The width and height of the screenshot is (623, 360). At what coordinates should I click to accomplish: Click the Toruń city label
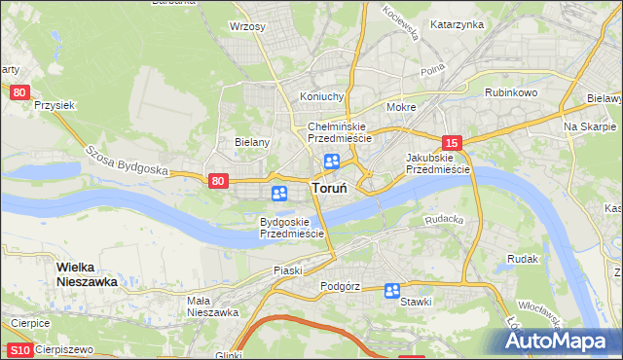point(331,189)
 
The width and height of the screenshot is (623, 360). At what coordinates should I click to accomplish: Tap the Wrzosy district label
point(247,26)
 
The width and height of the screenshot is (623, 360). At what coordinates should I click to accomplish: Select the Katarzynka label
point(457,24)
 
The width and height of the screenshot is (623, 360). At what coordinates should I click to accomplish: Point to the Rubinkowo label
point(511,92)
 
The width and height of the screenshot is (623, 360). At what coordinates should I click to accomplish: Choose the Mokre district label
point(401,107)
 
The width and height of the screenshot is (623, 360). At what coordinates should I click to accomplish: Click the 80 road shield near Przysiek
point(20,92)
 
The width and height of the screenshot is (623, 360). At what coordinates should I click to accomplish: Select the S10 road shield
point(19,349)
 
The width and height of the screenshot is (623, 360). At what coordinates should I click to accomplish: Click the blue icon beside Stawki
point(392,290)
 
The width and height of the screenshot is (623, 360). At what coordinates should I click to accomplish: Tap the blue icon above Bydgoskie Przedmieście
point(280,194)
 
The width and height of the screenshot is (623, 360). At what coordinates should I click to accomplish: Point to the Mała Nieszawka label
point(212,306)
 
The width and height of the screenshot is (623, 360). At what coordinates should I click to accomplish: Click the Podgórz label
point(340,287)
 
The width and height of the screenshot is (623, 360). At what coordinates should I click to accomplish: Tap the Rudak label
point(523,259)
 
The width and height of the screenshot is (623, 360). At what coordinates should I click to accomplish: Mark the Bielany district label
point(251,142)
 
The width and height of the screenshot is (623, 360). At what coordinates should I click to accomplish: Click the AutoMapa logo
point(558,342)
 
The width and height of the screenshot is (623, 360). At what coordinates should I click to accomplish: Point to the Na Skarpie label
point(589,127)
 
